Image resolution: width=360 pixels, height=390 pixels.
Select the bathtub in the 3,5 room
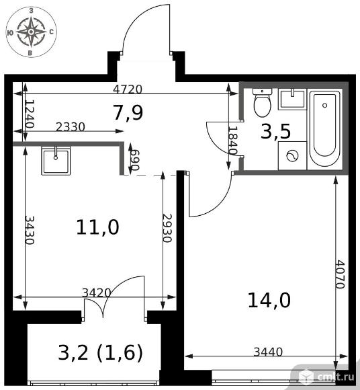click(324, 129)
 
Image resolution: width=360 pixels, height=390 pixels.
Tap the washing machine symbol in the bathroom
click(292, 156)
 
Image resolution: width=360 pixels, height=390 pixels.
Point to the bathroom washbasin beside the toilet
click(292, 99)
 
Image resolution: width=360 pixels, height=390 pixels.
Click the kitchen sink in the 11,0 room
click(56, 161)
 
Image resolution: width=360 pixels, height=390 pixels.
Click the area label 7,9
click(128, 113)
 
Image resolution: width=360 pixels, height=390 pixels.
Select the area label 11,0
click(97, 227)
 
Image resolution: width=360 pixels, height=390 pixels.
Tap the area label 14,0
click(269, 300)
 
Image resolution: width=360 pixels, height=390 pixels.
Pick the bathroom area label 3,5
click(275, 131)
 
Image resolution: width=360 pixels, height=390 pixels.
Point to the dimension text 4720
click(128, 89)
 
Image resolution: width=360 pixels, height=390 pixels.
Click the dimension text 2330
click(71, 127)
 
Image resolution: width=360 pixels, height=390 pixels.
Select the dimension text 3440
click(268, 352)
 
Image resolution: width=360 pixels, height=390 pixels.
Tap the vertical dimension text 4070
click(340, 274)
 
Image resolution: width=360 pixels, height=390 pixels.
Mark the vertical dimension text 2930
click(167, 228)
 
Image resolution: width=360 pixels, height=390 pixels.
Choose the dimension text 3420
click(97, 292)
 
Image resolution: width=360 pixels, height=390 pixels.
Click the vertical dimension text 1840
click(233, 141)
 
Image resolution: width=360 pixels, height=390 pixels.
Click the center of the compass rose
click(31, 32)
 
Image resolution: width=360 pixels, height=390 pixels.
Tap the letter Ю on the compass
click(11, 32)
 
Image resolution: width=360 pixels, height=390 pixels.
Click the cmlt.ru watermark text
click(336, 377)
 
